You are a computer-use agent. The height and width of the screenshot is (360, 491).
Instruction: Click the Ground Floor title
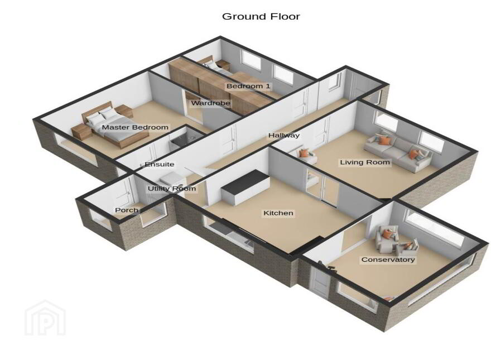(x=261, y=16)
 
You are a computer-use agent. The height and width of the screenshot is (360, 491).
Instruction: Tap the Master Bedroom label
(x=135, y=127)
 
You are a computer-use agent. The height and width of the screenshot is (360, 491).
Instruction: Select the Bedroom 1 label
(x=248, y=86)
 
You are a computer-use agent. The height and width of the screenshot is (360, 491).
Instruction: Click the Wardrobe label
(x=210, y=103)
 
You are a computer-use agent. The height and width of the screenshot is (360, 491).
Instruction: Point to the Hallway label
(x=283, y=136)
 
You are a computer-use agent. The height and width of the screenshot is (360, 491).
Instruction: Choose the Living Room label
(x=365, y=162)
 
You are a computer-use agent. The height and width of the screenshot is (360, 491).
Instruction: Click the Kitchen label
(x=278, y=213)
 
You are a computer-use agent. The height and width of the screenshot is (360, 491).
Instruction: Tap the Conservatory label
(x=388, y=260)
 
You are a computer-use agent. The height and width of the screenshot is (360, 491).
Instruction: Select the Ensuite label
(x=160, y=164)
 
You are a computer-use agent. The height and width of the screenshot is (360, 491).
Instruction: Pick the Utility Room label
(x=172, y=189)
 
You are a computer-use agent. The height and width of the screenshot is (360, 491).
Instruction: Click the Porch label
(x=127, y=210)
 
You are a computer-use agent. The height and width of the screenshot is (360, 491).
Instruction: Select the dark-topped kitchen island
(x=245, y=187)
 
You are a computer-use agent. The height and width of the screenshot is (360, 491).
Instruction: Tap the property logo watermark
(x=45, y=318)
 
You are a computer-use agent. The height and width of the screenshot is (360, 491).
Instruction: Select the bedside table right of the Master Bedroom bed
(x=124, y=111)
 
